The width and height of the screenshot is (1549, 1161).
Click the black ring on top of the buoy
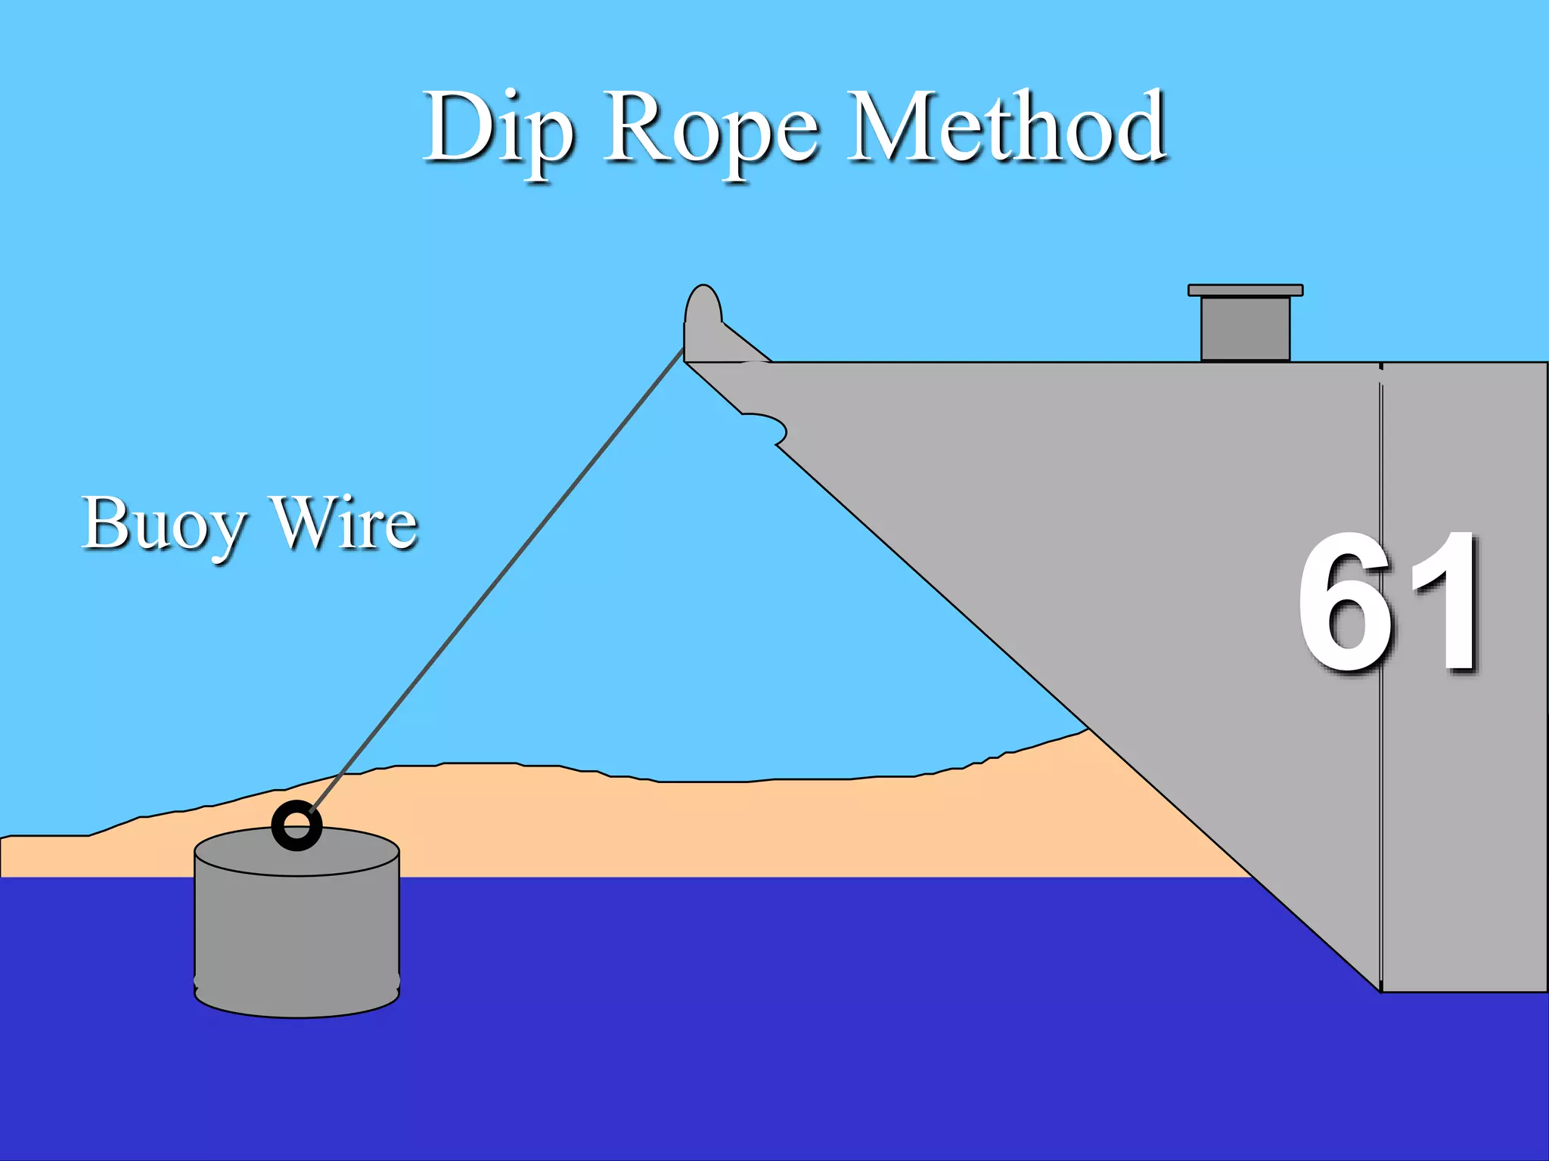[296, 825]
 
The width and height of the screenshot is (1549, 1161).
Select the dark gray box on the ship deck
[1246, 329]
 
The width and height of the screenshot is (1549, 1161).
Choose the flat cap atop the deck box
[1246, 290]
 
